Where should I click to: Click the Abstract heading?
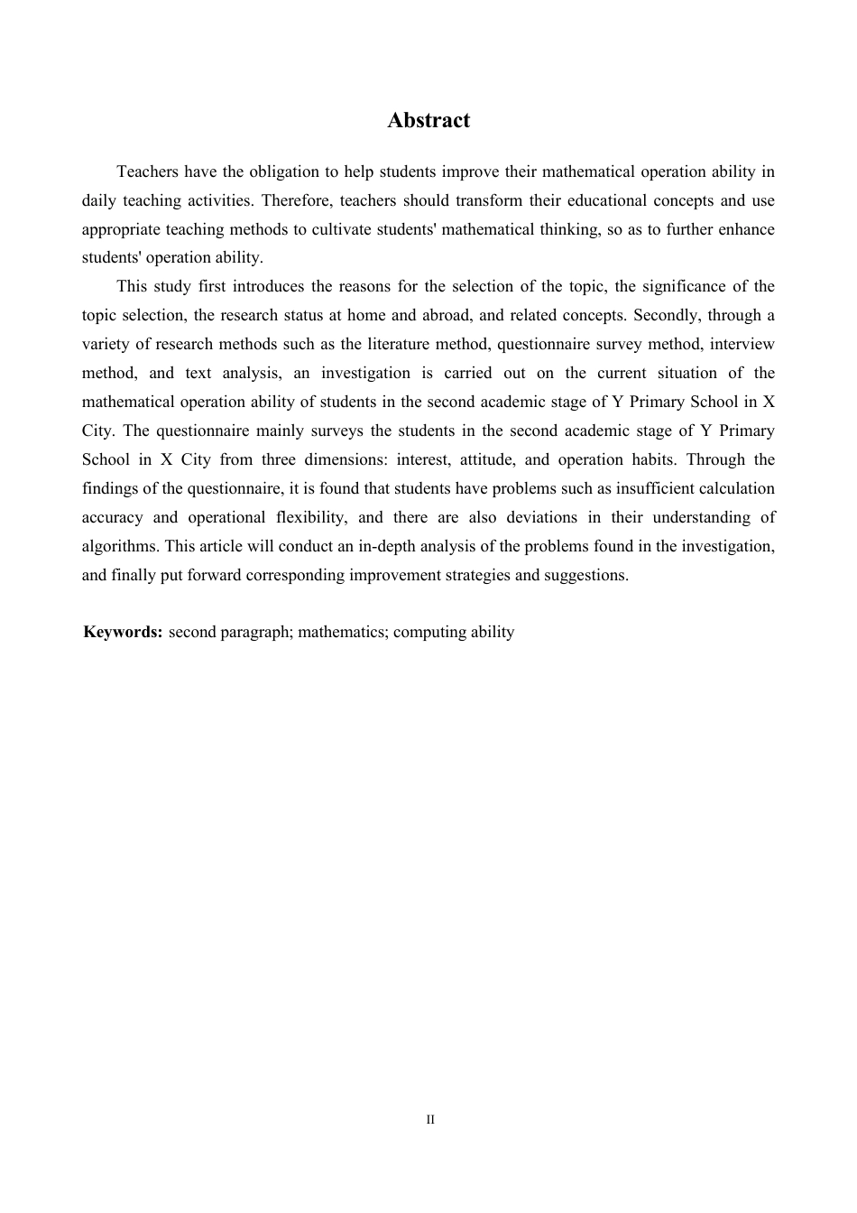pos(428,121)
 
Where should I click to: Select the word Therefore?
pos(297,200)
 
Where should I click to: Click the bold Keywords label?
pos(123,632)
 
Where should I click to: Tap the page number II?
pos(430,1120)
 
